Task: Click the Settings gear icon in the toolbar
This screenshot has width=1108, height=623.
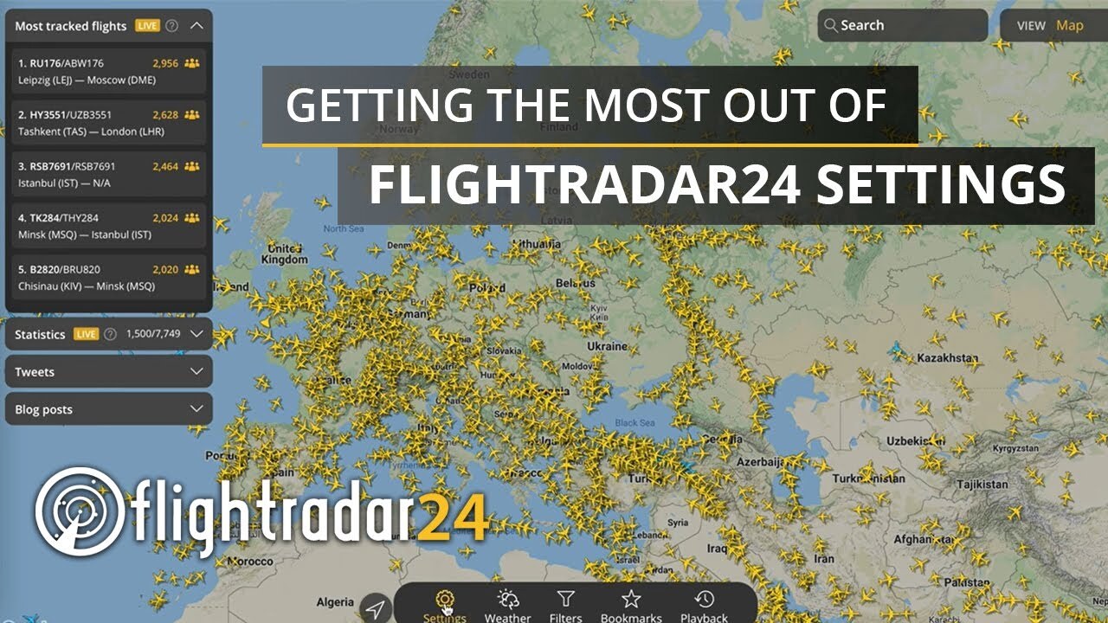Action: click(x=444, y=600)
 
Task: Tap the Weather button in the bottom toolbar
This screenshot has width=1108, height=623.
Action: click(x=507, y=600)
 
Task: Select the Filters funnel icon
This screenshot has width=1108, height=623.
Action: click(x=565, y=600)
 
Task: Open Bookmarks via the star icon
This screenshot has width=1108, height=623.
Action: click(x=631, y=600)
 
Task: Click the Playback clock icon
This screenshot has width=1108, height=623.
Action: click(x=704, y=600)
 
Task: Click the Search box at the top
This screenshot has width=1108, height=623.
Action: click(x=902, y=26)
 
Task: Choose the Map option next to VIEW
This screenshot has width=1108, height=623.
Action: click(x=1069, y=26)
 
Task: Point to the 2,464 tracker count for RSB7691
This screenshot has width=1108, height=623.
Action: click(x=164, y=166)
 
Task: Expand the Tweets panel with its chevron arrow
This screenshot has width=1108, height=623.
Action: click(x=196, y=372)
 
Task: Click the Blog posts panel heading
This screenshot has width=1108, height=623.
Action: click(x=44, y=409)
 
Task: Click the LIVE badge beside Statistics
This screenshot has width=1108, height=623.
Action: click(x=86, y=334)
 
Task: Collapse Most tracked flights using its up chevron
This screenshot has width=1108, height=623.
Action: click(x=196, y=26)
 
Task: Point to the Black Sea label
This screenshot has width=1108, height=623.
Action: click(x=635, y=423)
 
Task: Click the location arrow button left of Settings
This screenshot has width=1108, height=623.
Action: click(x=375, y=608)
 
